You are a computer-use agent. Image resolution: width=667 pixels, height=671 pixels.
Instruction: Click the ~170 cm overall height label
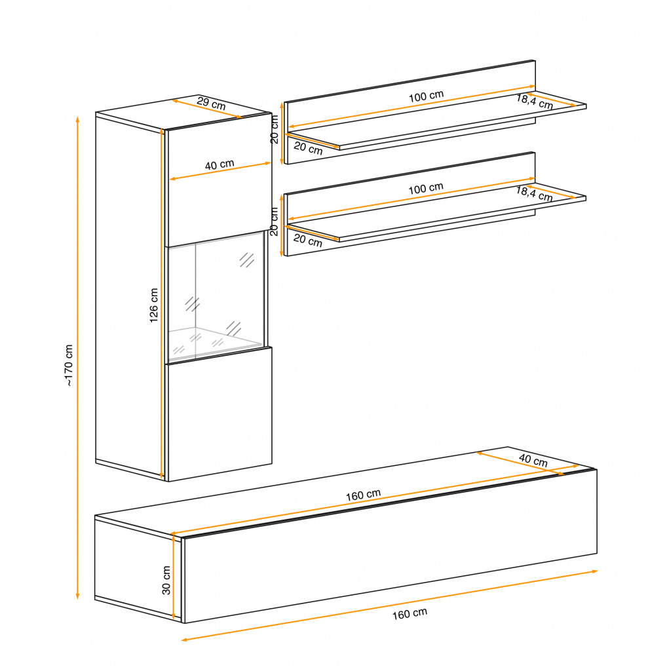click(68, 365)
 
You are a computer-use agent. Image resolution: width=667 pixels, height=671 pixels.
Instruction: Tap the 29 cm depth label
click(212, 104)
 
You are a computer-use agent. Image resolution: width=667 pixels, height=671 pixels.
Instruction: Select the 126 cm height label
click(153, 305)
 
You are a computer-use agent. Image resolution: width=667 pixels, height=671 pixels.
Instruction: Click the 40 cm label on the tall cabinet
click(219, 164)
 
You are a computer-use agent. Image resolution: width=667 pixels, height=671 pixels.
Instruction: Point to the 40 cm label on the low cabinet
click(533, 460)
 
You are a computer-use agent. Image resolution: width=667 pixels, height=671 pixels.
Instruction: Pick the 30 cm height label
click(166, 580)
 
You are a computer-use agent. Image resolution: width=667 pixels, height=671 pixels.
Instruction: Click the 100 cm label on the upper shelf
click(426, 96)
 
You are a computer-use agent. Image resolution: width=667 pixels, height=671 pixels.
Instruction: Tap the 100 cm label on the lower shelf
click(426, 189)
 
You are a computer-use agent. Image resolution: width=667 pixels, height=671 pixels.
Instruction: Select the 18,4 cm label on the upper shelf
click(535, 102)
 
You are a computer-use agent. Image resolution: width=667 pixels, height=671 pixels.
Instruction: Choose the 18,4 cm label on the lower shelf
click(535, 194)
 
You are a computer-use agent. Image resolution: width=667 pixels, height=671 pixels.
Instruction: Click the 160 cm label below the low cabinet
click(410, 613)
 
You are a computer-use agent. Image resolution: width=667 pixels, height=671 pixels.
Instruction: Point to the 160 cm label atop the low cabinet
click(363, 495)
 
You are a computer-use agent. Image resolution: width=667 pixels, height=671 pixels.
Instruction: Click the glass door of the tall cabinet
click(216, 297)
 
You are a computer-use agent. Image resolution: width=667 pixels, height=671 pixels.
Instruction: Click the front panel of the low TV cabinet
click(391, 546)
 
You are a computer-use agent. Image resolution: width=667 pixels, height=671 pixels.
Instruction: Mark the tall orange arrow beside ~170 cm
click(77, 358)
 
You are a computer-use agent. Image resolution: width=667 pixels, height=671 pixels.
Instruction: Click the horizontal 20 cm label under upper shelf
click(308, 148)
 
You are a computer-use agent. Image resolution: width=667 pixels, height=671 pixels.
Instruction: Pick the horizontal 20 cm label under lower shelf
click(307, 240)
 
